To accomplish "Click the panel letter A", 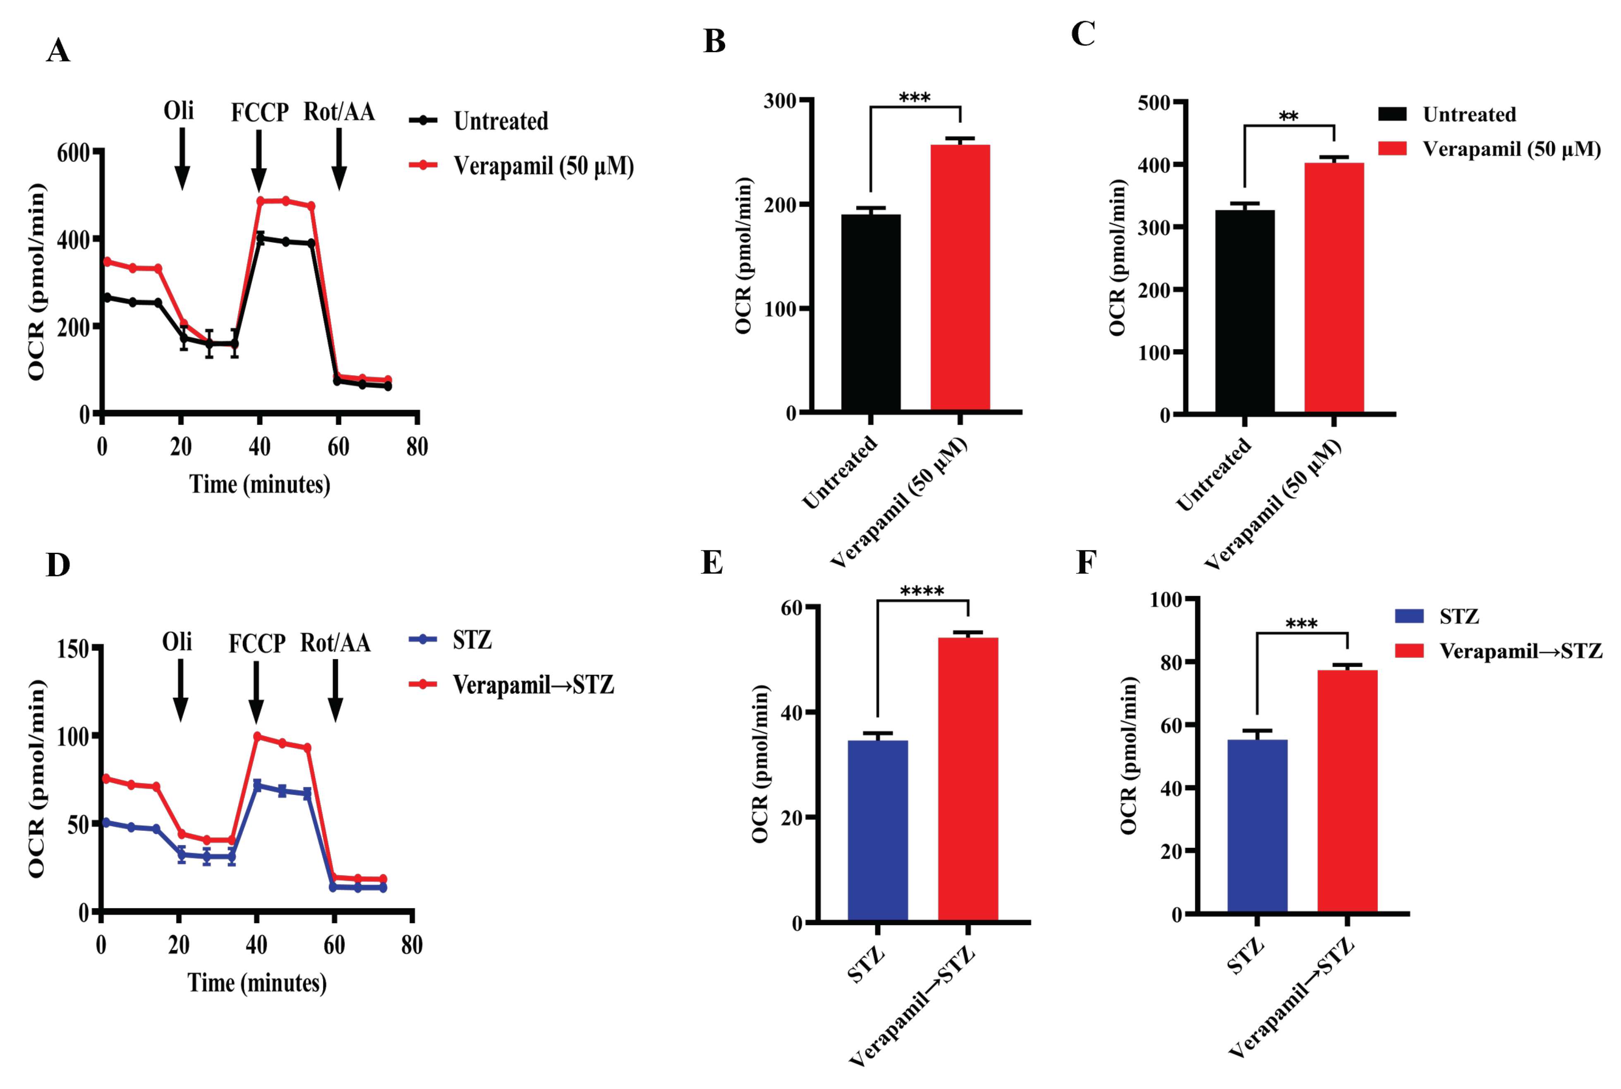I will (x=58, y=51).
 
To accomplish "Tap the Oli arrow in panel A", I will (x=182, y=158).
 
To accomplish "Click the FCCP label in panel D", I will (x=257, y=643).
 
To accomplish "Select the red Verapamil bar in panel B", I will (x=960, y=278).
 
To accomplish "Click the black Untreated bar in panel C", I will (x=1244, y=312).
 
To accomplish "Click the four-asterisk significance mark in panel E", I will (x=922, y=592).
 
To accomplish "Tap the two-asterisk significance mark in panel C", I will (x=1288, y=117).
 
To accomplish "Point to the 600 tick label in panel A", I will (x=73, y=153).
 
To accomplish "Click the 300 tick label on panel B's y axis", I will (x=780, y=101).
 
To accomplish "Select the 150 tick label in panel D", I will (x=73, y=649).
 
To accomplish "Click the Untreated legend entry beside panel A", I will (x=500, y=121).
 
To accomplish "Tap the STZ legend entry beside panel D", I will (x=472, y=640).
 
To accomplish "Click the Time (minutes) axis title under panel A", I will (x=260, y=484).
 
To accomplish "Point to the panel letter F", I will (x=1087, y=563).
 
